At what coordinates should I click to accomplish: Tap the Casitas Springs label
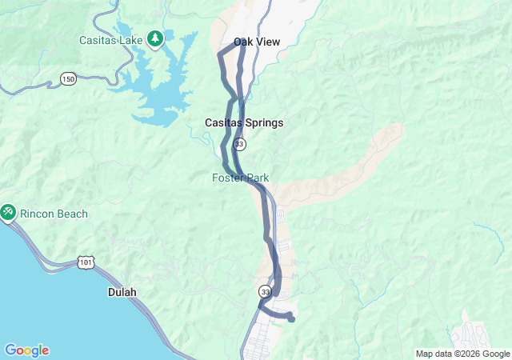(244, 123)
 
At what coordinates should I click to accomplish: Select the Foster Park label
(240, 178)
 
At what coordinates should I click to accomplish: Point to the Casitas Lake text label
(110, 39)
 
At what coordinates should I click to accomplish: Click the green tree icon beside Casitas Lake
(154, 38)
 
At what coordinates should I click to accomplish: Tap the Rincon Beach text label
(54, 214)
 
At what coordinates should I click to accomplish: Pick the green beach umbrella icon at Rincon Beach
(8, 212)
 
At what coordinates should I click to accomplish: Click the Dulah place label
(122, 293)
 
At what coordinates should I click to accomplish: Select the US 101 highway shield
(85, 262)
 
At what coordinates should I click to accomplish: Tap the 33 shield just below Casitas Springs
(240, 144)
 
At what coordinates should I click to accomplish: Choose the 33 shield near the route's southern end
(266, 293)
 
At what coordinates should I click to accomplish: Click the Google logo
(26, 350)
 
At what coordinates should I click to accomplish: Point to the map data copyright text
(462, 354)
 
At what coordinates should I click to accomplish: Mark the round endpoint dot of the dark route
(291, 319)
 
